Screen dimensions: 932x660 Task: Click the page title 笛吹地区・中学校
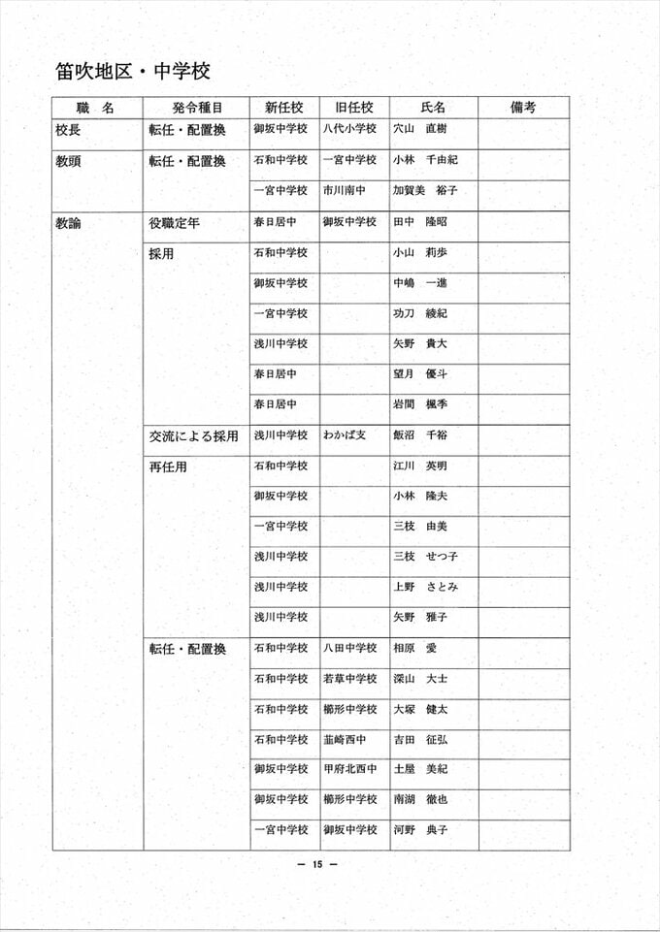(133, 71)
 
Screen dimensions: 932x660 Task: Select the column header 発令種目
(196, 108)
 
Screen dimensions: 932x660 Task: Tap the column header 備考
(523, 108)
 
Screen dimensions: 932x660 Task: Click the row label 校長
(69, 129)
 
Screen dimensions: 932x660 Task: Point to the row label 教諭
(69, 223)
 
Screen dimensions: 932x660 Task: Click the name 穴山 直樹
(419, 129)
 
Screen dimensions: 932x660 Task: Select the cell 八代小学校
(349, 129)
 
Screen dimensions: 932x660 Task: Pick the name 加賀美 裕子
(425, 191)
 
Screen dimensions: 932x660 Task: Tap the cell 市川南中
(345, 191)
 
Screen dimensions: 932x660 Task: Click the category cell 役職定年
(175, 223)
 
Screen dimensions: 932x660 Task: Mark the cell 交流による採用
(193, 436)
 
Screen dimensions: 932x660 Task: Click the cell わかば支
(345, 435)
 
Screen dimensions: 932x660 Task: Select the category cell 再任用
(168, 466)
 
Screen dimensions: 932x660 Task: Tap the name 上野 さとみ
(425, 587)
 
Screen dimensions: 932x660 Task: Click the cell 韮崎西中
(345, 739)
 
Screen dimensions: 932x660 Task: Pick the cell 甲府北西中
(349, 769)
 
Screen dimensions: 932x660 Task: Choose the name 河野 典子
(419, 830)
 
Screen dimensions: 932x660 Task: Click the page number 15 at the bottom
(316, 865)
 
